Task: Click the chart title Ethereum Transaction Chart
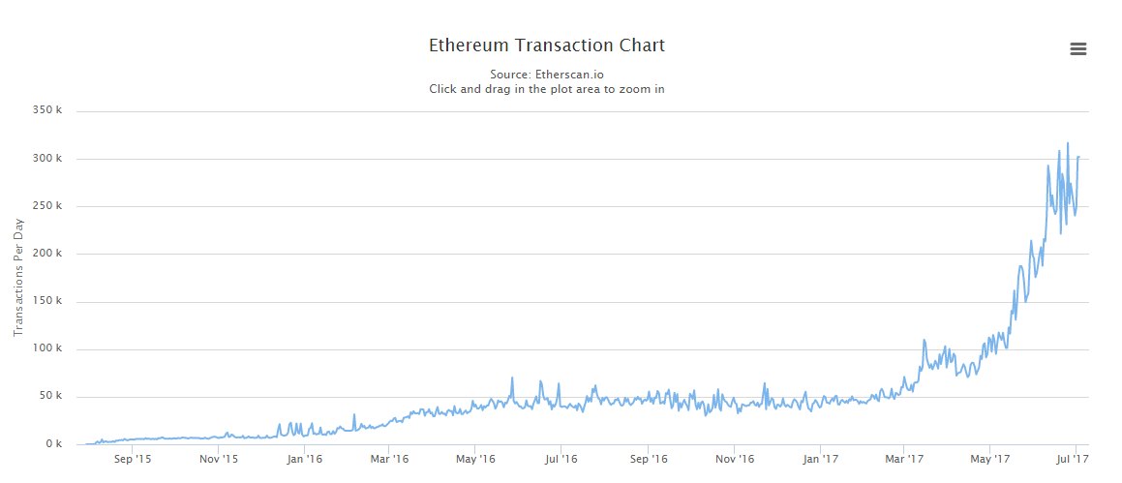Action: coord(546,45)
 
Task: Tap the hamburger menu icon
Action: coord(1077,49)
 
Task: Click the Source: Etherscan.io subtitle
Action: coord(546,74)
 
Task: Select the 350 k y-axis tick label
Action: coord(47,110)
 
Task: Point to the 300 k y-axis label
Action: coord(47,158)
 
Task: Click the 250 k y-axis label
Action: coord(47,205)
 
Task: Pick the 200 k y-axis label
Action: coord(47,254)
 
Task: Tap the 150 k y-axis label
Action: coord(47,301)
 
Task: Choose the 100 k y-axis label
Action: coord(47,348)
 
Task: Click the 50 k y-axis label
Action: coord(50,396)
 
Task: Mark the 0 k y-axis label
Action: coord(53,444)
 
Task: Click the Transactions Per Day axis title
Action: coord(18,278)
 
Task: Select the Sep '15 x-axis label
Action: coord(133,459)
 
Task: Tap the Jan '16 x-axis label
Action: coord(305,459)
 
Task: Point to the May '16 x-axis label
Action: coord(475,459)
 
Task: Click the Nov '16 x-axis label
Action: coord(735,459)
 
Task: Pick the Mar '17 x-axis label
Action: coord(904,459)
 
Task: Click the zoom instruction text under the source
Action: coord(546,89)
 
